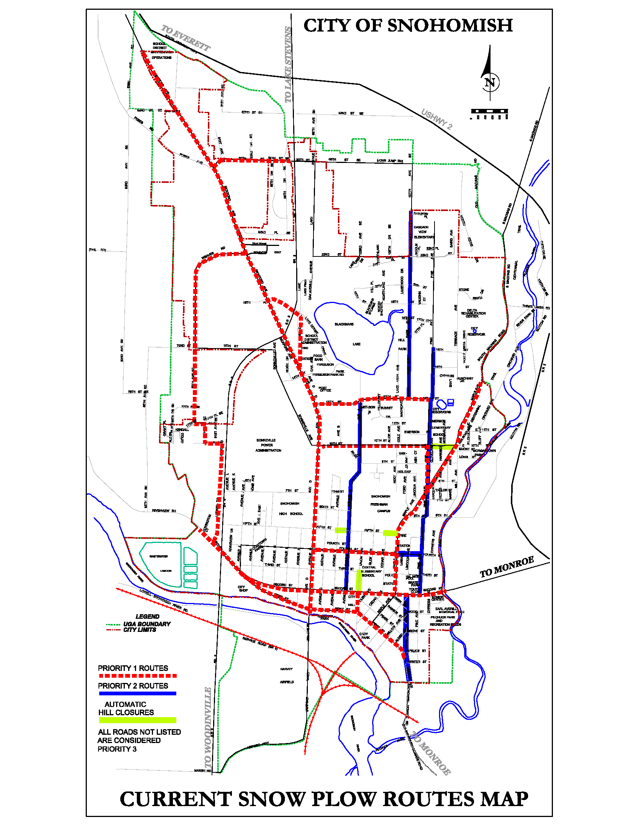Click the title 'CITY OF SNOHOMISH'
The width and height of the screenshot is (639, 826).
coord(408,26)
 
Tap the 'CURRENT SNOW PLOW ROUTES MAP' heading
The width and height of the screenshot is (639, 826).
coord(324,799)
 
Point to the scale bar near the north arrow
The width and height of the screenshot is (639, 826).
coord(489,111)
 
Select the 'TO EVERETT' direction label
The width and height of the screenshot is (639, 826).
coord(185,38)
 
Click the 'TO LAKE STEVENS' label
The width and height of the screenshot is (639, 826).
coord(288,65)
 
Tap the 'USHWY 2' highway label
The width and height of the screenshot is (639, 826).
coord(436,119)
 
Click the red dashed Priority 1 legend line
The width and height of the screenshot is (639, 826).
coord(138,675)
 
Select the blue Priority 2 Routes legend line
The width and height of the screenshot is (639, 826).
coord(138,693)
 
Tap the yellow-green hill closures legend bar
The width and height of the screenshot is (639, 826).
coord(138,720)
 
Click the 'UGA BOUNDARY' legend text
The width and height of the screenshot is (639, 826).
coord(147,624)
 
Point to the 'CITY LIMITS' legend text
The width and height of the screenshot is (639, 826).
coord(140,630)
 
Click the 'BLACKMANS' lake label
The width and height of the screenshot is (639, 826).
coord(344,324)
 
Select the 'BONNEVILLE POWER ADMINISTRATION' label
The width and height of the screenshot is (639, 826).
coord(268,445)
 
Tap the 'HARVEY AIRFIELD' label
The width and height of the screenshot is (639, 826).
coord(286,675)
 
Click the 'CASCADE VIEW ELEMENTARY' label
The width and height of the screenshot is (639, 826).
coord(424,232)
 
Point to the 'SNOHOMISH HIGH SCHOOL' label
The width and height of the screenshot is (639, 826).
coord(289,508)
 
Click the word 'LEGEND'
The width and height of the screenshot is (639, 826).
coord(147,616)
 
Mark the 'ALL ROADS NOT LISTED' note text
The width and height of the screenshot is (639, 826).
coord(139,732)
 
